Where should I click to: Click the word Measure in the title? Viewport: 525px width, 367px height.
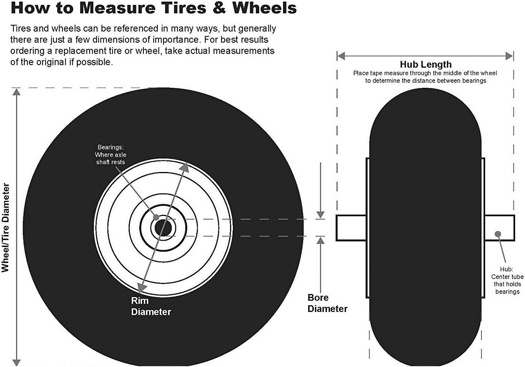click(x=117, y=8)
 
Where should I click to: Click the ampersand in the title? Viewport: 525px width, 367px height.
click(x=218, y=8)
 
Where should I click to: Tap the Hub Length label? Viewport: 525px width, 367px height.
click(x=426, y=64)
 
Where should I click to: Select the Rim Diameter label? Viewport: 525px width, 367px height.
click(x=151, y=306)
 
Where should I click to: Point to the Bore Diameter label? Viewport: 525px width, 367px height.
click(x=327, y=303)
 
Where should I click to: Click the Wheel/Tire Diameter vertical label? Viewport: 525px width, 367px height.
click(x=5, y=227)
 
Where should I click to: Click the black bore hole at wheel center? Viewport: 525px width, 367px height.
click(x=163, y=228)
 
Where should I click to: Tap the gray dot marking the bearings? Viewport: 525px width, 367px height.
click(x=156, y=217)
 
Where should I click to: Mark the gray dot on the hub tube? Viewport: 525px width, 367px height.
click(x=498, y=234)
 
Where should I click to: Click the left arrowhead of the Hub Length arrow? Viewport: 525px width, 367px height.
click(x=341, y=56)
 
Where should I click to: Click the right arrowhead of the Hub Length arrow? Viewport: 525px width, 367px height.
click(x=509, y=56)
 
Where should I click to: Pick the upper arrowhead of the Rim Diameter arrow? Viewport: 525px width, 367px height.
click(x=185, y=167)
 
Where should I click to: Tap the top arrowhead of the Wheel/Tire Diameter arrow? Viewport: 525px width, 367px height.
click(x=16, y=92)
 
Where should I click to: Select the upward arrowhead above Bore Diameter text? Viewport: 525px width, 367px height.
click(x=320, y=240)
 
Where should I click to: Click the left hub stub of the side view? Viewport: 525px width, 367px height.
click(x=351, y=228)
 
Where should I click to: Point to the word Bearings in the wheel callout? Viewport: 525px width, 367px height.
click(x=111, y=147)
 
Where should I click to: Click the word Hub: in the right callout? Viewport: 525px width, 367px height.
click(x=507, y=269)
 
